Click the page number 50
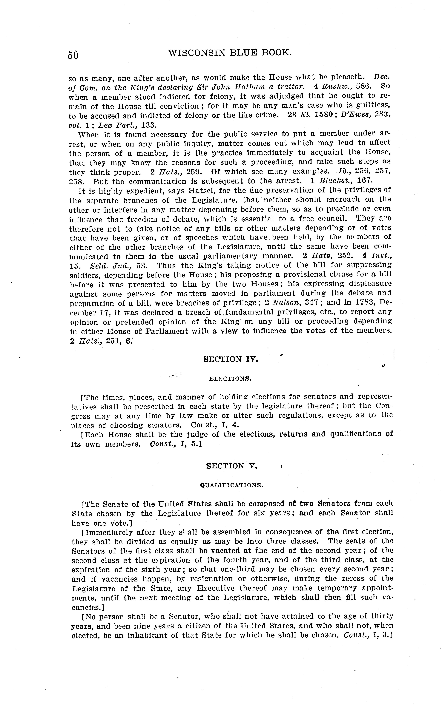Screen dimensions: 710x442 (x=73, y=55)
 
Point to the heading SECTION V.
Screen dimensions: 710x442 (x=231, y=466)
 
